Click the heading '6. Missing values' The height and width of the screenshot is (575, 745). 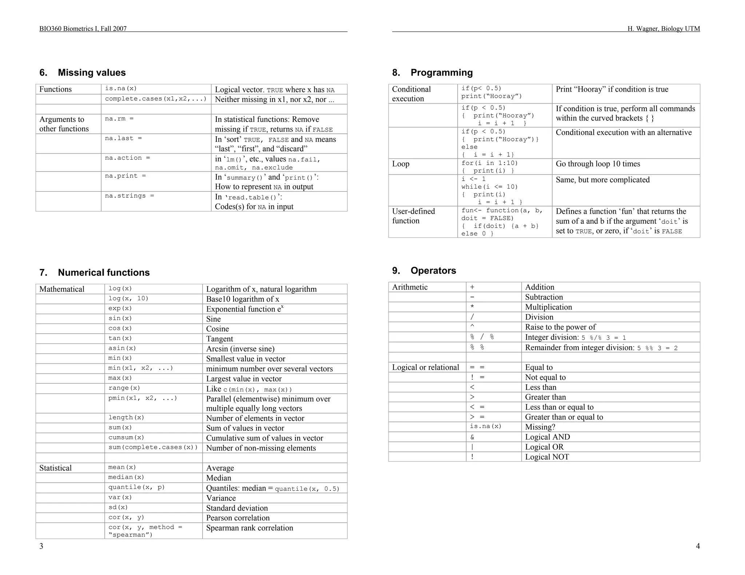click(83, 73)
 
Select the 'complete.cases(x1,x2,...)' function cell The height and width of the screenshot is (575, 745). click(156, 99)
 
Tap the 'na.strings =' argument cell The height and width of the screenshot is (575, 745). click(129, 196)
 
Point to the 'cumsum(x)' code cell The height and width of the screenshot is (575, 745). click(126, 438)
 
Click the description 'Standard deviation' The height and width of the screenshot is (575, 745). click(237, 508)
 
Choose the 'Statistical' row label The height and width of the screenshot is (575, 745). click(55, 468)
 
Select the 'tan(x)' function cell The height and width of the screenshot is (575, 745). click(120, 338)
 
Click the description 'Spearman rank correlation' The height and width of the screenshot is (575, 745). click(250, 528)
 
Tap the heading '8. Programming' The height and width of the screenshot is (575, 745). click(433, 73)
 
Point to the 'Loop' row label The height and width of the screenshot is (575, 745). click(401, 164)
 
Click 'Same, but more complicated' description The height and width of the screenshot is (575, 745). click(602, 180)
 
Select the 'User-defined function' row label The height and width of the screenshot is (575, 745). click(413, 216)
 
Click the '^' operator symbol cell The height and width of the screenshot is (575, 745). click(472, 327)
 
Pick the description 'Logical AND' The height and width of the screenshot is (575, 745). click(547, 437)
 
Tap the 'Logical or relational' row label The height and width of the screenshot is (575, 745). click(425, 367)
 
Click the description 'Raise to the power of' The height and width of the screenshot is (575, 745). click(560, 327)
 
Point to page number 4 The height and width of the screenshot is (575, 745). click(697, 546)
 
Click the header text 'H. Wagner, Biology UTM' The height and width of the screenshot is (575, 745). click(664, 29)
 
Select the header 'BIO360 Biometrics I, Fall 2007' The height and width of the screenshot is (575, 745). click(83, 29)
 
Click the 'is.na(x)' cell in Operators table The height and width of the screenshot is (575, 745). click(485, 426)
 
